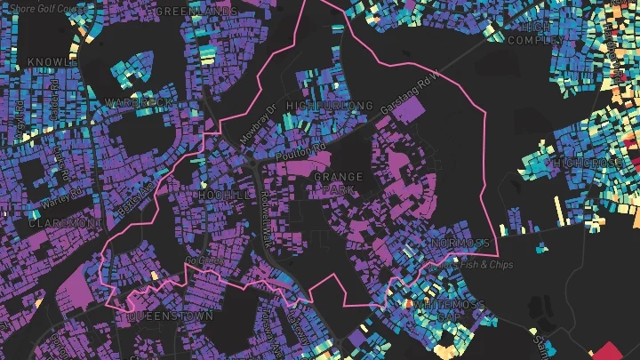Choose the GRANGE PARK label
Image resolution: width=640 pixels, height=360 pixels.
click(338, 184)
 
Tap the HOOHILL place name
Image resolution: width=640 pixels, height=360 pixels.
click(216, 195)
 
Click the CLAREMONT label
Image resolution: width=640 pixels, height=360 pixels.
click(61, 224)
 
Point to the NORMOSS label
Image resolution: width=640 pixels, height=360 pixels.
click(459, 244)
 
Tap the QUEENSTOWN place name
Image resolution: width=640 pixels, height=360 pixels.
click(170, 316)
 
